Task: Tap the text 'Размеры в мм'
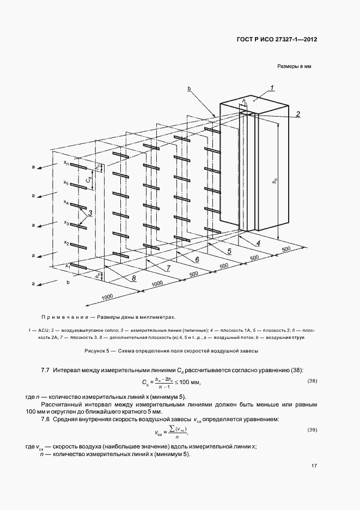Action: tap(294, 67)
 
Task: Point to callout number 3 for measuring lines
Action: tap(90, 213)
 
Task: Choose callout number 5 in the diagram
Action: tap(229, 251)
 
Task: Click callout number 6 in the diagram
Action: tap(197, 260)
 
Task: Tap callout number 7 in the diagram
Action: tap(168, 269)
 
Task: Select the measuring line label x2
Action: tap(66, 243)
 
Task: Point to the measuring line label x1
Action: tap(67, 265)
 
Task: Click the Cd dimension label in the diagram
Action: tap(89, 179)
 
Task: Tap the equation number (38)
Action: tap(312, 380)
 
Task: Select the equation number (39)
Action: tap(312, 430)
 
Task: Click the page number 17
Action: tap(314, 466)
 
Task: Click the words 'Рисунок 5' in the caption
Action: tap(99, 351)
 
